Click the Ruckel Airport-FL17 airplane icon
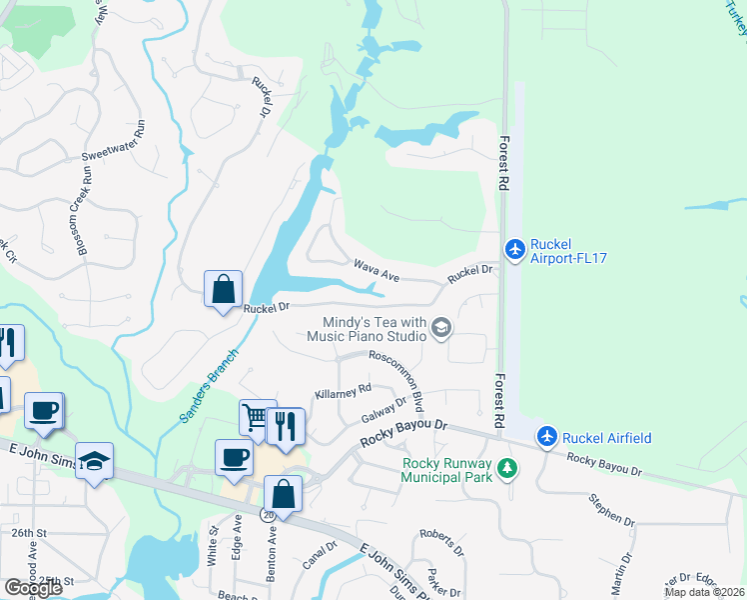click(x=514, y=248)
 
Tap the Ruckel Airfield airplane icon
click(x=546, y=437)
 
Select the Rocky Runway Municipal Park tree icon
click(x=508, y=467)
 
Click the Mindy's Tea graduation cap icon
click(x=440, y=327)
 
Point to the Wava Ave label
click(x=376, y=267)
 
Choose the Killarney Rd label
click(x=343, y=391)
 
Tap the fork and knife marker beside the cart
click(x=287, y=425)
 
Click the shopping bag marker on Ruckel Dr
click(x=223, y=289)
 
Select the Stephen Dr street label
click(x=611, y=509)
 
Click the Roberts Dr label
click(x=440, y=542)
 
